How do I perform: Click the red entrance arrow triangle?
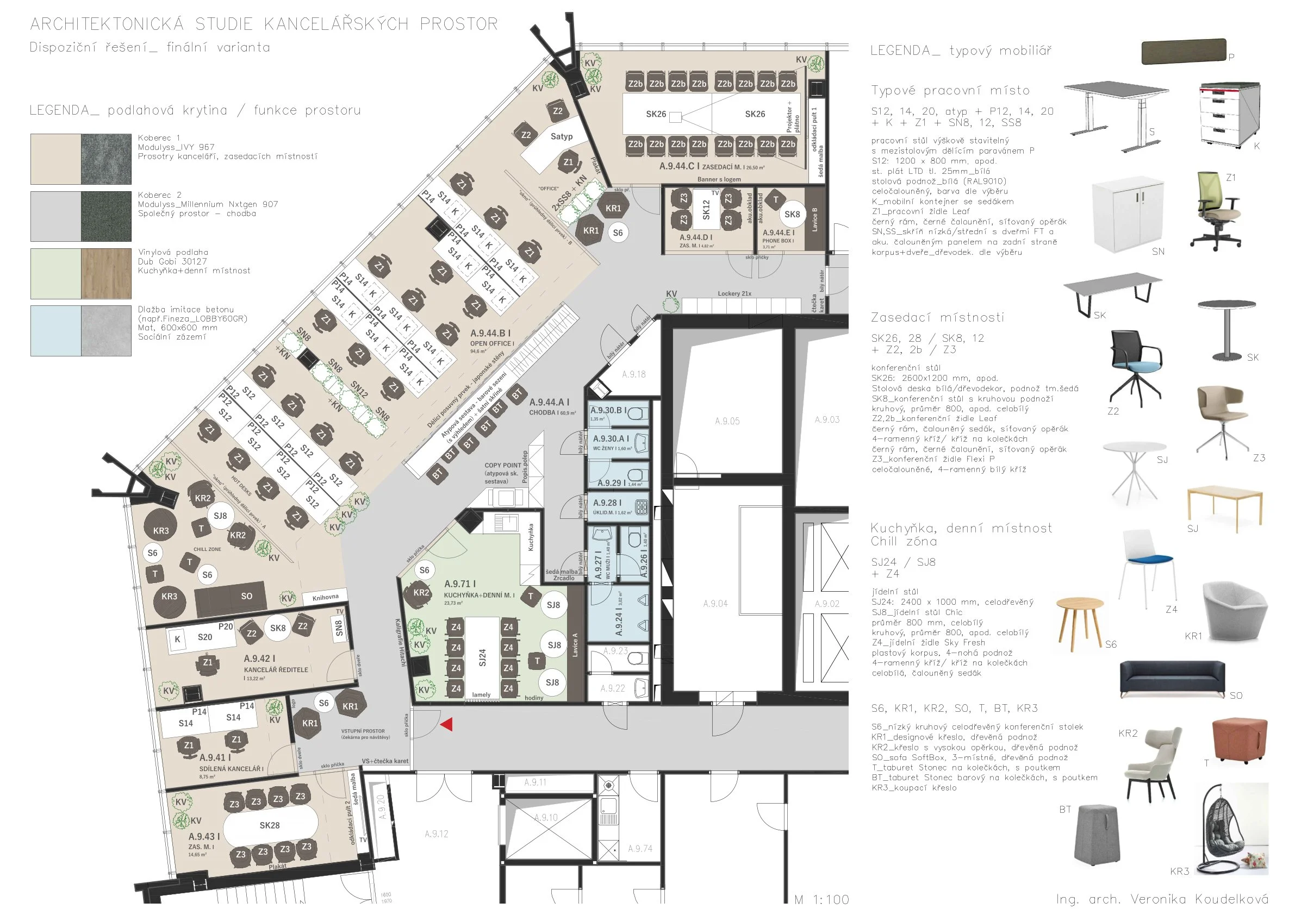(447, 724)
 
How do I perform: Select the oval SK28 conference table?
(270, 825)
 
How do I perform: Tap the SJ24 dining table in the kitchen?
(482, 657)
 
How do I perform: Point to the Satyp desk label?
(561, 136)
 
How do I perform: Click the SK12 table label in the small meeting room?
(706, 210)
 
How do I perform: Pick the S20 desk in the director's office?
(205, 637)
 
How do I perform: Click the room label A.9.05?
(727, 421)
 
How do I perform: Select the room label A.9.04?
(715, 604)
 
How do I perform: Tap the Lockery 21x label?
(734, 294)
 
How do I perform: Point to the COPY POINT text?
(502, 466)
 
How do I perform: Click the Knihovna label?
(326, 597)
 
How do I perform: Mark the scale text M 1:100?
(821, 900)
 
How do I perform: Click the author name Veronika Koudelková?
(1199, 899)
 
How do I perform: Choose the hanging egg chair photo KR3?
(1233, 829)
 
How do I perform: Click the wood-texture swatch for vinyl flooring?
(106, 274)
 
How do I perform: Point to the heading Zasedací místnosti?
(937, 318)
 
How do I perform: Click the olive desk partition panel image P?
(1184, 52)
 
